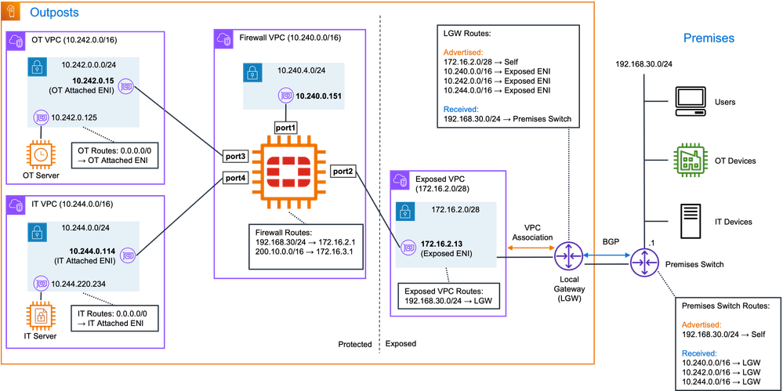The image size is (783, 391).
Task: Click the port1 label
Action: tap(285, 125)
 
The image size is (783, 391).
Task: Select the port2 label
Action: tap(343, 170)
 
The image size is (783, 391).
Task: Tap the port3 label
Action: tap(235, 156)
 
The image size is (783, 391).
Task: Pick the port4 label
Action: tap(235, 178)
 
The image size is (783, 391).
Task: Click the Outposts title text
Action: tap(54, 13)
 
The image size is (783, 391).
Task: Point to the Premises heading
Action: tap(709, 38)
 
